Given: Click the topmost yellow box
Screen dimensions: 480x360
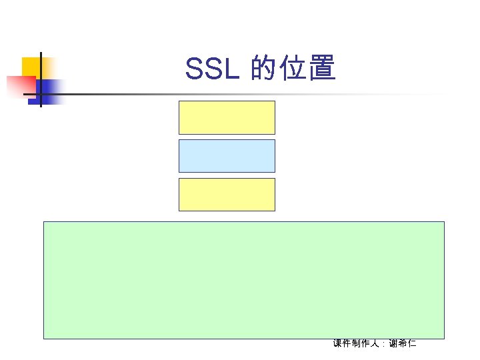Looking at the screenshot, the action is [x=227, y=117].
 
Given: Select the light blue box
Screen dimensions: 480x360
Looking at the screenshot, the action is [x=227, y=156].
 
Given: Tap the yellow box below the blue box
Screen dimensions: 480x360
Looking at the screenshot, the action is [x=227, y=194].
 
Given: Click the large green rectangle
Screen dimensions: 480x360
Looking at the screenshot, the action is [x=243, y=279].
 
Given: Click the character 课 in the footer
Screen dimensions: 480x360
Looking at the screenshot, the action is [x=338, y=343].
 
